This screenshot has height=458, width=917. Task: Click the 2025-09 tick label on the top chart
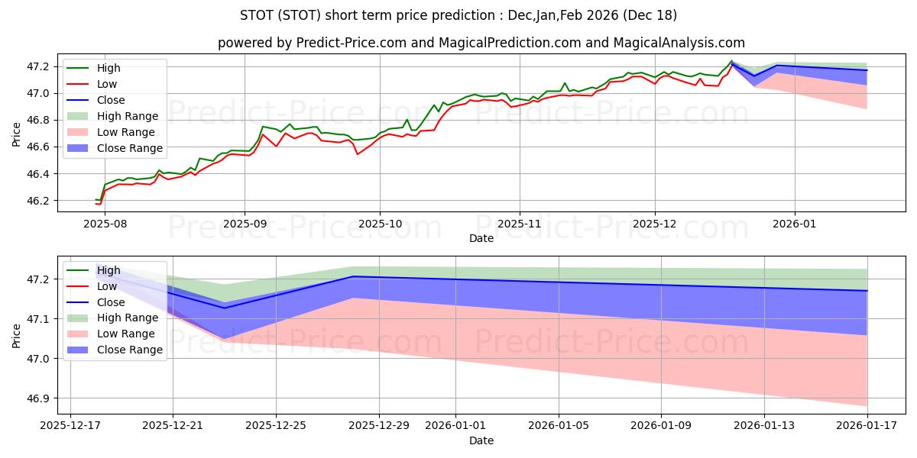tap(245, 224)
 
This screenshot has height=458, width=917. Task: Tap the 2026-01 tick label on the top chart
tap(795, 224)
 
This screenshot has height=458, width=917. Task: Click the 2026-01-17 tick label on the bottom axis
tap(867, 426)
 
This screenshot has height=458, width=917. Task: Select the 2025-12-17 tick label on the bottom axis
tap(70, 426)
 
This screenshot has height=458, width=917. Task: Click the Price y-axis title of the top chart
tap(17, 134)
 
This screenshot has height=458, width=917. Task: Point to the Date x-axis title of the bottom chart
tap(481, 440)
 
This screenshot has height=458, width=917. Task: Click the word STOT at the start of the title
tap(257, 15)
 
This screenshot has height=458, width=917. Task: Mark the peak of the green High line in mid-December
tap(731, 61)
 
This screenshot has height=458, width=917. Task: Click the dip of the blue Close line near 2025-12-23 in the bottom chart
tap(224, 308)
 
